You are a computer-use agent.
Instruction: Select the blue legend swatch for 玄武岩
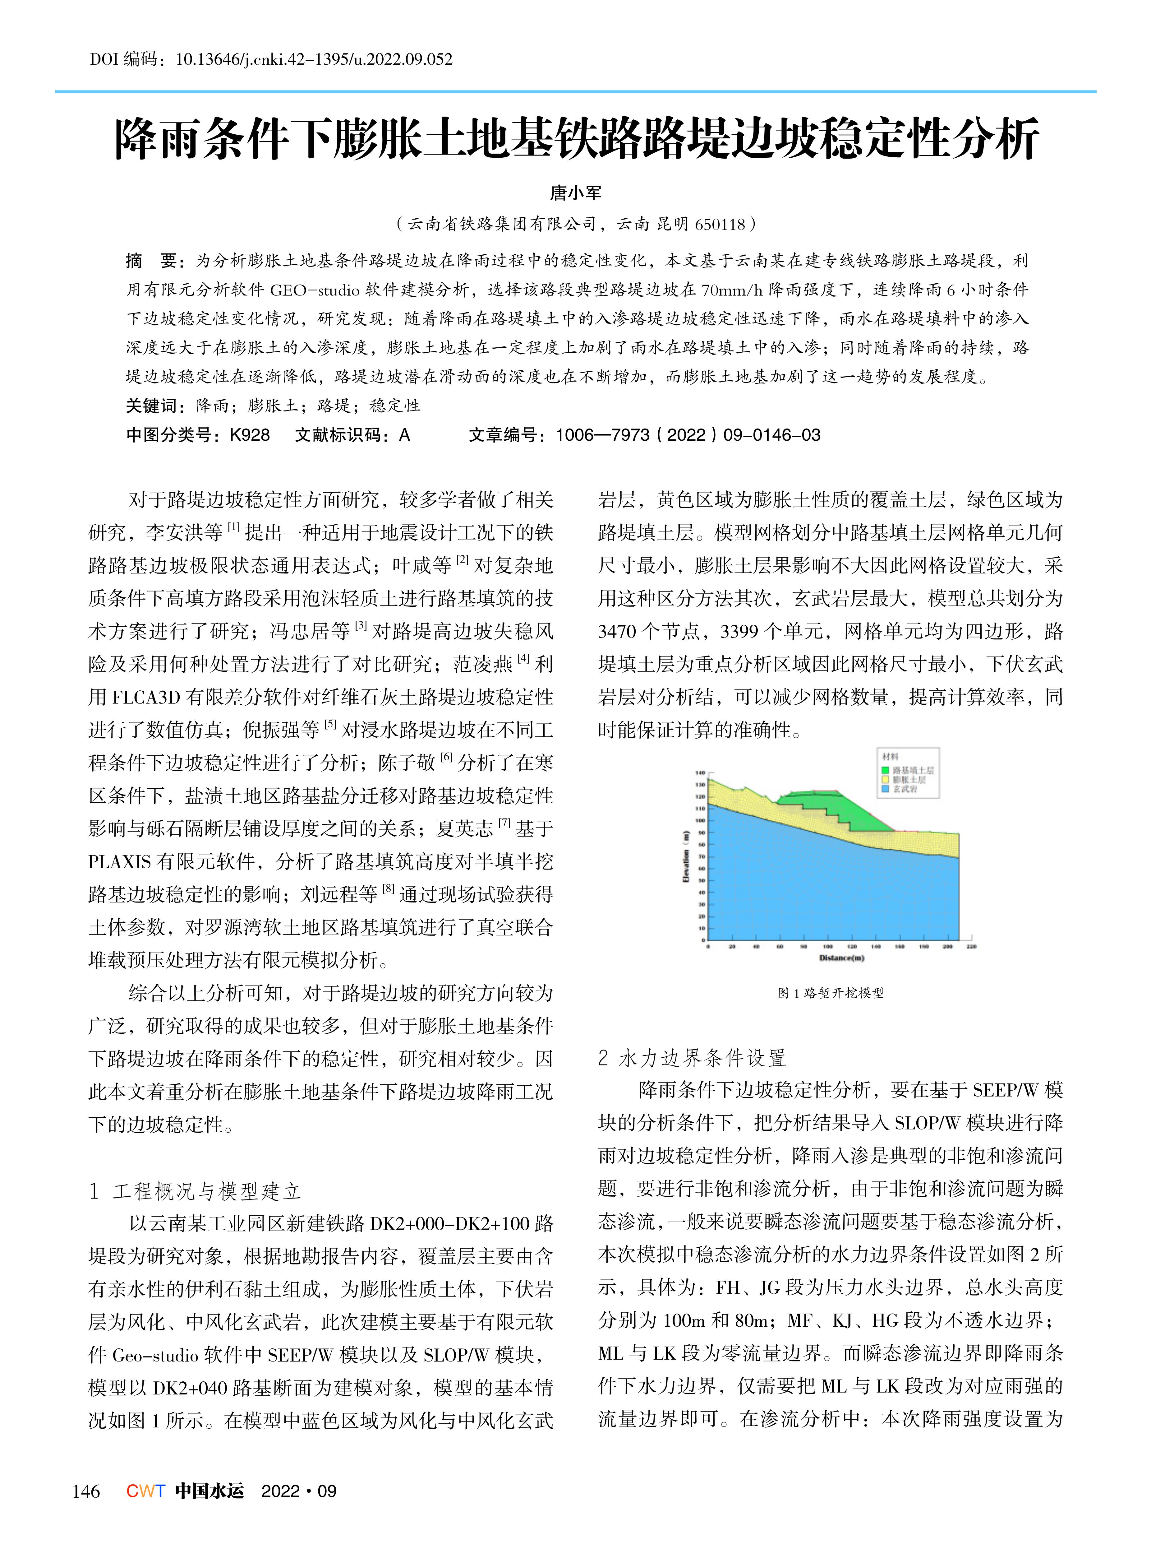[x=886, y=788]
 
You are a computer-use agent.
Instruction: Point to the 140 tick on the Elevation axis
[x=700, y=772]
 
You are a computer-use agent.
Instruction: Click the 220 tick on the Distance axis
[x=971, y=947]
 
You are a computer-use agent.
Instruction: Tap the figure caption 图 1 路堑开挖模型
[x=831, y=993]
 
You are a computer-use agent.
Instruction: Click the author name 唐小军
[x=576, y=192]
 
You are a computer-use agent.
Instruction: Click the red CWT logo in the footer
[x=145, y=1491]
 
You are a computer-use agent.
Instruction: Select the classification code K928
[x=249, y=435]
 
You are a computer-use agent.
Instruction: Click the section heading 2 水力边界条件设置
[x=692, y=1058]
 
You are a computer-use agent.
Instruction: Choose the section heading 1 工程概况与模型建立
[x=195, y=1191]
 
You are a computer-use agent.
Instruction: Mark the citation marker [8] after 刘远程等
[x=388, y=890]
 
